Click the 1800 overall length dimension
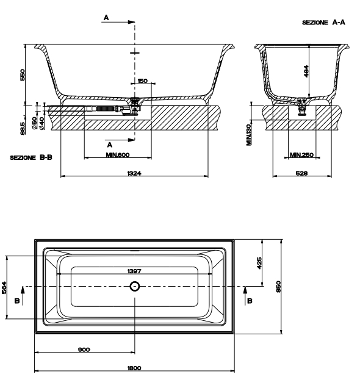[134, 368]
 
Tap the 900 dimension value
[84, 350]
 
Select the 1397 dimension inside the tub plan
[134, 271]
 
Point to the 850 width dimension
[278, 287]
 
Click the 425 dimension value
[259, 264]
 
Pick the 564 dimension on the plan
[4, 288]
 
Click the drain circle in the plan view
[135, 286]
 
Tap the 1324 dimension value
[134, 173]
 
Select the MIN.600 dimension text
[118, 155]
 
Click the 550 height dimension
[23, 75]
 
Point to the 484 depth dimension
[306, 71]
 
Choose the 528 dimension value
[301, 173]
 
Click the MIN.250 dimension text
[301, 155]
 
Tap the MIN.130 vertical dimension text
[249, 135]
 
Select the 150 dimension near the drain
[142, 81]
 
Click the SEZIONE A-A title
[323, 23]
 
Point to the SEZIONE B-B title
[31, 157]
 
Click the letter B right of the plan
[250, 301]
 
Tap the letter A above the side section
[106, 18]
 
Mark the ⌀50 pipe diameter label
[34, 123]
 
